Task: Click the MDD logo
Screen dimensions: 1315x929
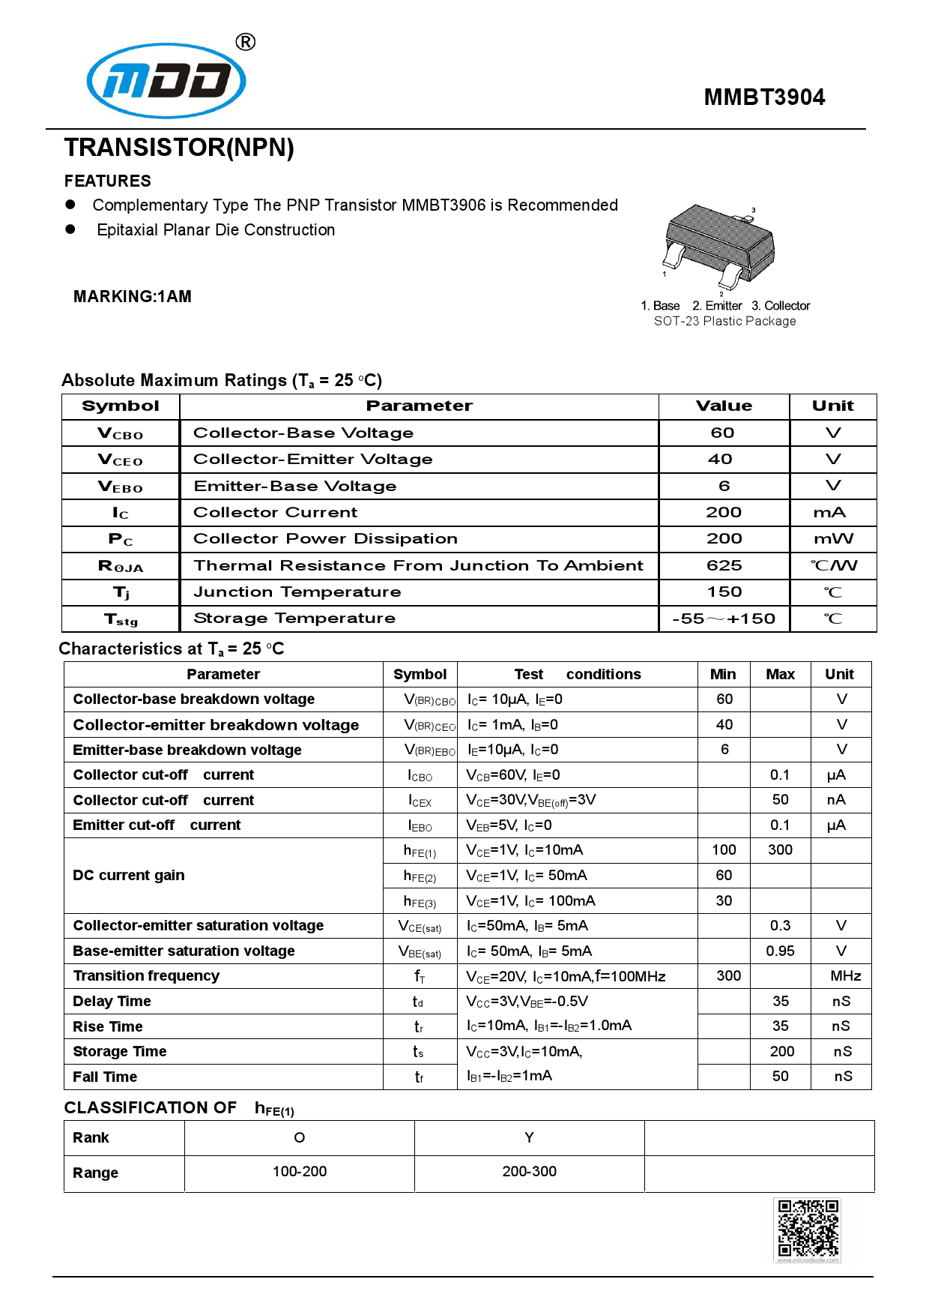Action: click(166, 80)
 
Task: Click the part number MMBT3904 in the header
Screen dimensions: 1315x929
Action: click(763, 97)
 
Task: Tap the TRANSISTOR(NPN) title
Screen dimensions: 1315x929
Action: click(179, 148)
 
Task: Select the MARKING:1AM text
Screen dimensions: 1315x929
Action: click(133, 297)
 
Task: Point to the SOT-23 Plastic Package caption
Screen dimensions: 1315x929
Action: click(724, 322)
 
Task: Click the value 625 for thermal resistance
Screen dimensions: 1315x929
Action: click(724, 566)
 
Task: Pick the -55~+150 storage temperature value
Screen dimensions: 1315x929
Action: click(724, 619)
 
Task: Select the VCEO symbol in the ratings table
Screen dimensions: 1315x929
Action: click(120, 460)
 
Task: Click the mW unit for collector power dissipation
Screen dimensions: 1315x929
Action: click(832, 539)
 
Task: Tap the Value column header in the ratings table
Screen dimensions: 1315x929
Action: click(724, 406)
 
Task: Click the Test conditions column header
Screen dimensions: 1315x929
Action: click(577, 674)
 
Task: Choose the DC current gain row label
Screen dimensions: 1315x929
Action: click(129, 876)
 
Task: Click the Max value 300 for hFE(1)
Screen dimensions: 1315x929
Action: click(780, 850)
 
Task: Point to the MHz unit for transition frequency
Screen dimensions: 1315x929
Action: click(845, 976)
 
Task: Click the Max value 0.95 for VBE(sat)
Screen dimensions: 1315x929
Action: click(780, 951)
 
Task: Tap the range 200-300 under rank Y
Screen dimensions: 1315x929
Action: click(529, 1172)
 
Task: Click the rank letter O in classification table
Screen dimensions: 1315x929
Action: click(299, 1138)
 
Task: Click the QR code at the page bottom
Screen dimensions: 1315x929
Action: click(807, 1229)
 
